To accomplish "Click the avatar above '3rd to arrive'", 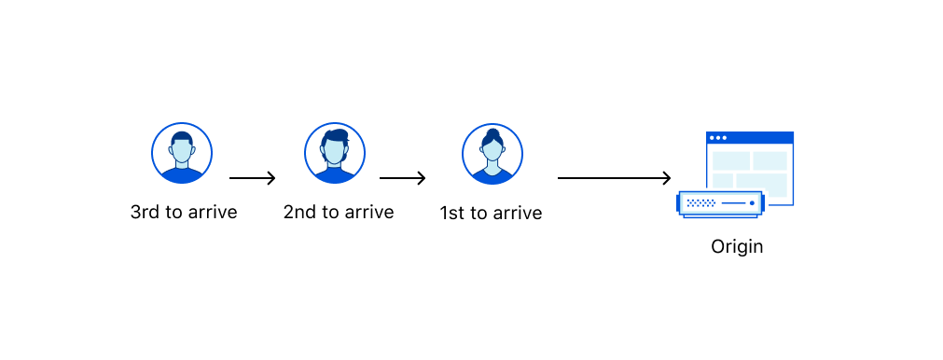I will pyautogui.click(x=182, y=153).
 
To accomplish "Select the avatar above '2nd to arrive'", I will pyautogui.click(x=335, y=153).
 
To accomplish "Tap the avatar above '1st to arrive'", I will pyautogui.click(x=492, y=153).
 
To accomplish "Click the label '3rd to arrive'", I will pyautogui.click(x=184, y=212).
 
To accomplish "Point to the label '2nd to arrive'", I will pyautogui.click(x=339, y=212).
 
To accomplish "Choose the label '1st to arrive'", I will pyautogui.click(x=491, y=213).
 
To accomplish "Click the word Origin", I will pyautogui.click(x=737, y=247).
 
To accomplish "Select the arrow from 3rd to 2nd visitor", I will pyautogui.click(x=252, y=178).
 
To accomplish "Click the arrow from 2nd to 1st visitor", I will pyautogui.click(x=402, y=178).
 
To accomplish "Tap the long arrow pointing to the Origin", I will pyautogui.click(x=614, y=178).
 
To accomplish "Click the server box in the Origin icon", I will pyautogui.click(x=721, y=203).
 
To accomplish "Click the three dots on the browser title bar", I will pyautogui.click(x=717, y=138).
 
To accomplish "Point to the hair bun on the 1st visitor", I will pyautogui.click(x=492, y=133).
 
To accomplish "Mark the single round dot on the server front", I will pyautogui.click(x=752, y=202).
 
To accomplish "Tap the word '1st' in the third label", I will pyautogui.click(x=451, y=213).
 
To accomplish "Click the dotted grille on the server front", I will pyautogui.click(x=700, y=202).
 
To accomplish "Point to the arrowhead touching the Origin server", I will pyautogui.click(x=667, y=178).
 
